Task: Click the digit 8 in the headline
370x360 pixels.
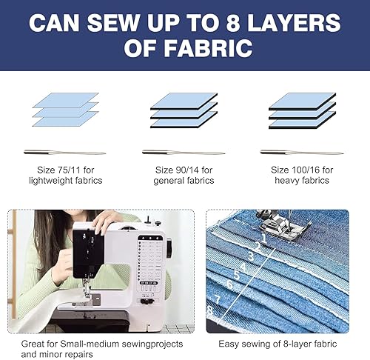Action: pyautogui.click(x=233, y=23)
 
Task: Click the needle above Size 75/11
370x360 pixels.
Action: pyautogui.click(x=65, y=152)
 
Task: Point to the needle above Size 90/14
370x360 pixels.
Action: pyautogui.click(x=184, y=152)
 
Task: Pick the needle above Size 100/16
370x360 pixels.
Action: pyautogui.click(x=302, y=152)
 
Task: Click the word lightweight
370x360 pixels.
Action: pyautogui.click(x=51, y=181)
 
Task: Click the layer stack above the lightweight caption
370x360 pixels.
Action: pyautogui.click(x=66, y=110)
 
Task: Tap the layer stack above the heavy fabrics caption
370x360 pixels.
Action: pyautogui.click(x=303, y=110)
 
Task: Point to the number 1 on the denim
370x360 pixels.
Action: pyautogui.click(x=264, y=239)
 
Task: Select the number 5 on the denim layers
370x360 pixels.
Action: pyautogui.click(x=237, y=275)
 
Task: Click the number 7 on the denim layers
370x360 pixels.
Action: pyautogui.click(x=218, y=300)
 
